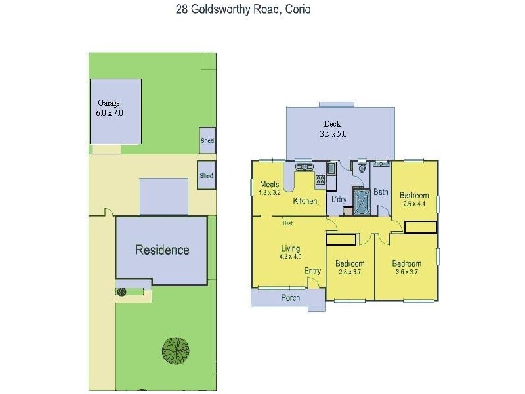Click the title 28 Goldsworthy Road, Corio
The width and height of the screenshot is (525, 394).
click(243, 9)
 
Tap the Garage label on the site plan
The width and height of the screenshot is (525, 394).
click(109, 103)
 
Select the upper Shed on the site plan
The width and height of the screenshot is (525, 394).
click(207, 141)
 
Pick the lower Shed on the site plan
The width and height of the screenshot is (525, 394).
click(207, 175)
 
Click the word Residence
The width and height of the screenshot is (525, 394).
click(162, 250)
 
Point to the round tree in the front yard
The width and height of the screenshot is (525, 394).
click(176, 349)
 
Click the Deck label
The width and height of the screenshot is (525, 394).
click(332, 124)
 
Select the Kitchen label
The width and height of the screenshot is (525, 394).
click(305, 201)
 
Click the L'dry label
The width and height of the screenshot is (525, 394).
click(339, 199)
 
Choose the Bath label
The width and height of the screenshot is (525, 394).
click(381, 193)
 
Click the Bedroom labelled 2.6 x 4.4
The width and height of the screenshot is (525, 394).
click(414, 195)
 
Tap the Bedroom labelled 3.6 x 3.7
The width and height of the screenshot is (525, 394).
click(408, 263)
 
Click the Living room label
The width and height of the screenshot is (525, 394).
click(290, 248)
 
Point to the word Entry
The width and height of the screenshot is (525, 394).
click(312, 271)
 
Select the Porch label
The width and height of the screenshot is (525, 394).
click(291, 297)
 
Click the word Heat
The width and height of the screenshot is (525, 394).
click(287, 223)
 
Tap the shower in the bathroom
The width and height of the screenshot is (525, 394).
click(362, 202)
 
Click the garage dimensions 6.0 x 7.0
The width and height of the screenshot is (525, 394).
click(110, 113)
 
